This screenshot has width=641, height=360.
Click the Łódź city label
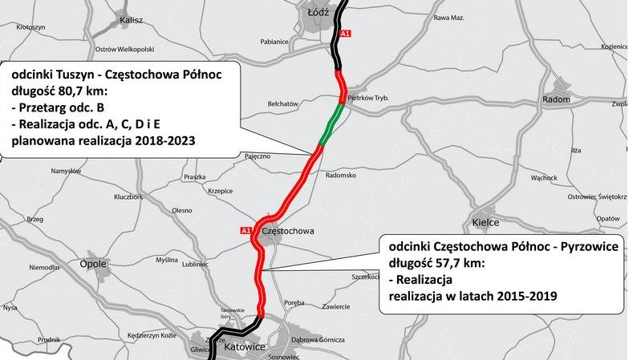point(319,13)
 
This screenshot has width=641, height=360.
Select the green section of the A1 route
point(334,121)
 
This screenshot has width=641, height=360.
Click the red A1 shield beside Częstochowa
point(245,231)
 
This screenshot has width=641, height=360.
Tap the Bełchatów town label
point(282,103)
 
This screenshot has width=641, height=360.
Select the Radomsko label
point(340,174)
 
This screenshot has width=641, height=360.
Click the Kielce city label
point(485,222)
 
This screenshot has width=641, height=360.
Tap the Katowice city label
point(245,347)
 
